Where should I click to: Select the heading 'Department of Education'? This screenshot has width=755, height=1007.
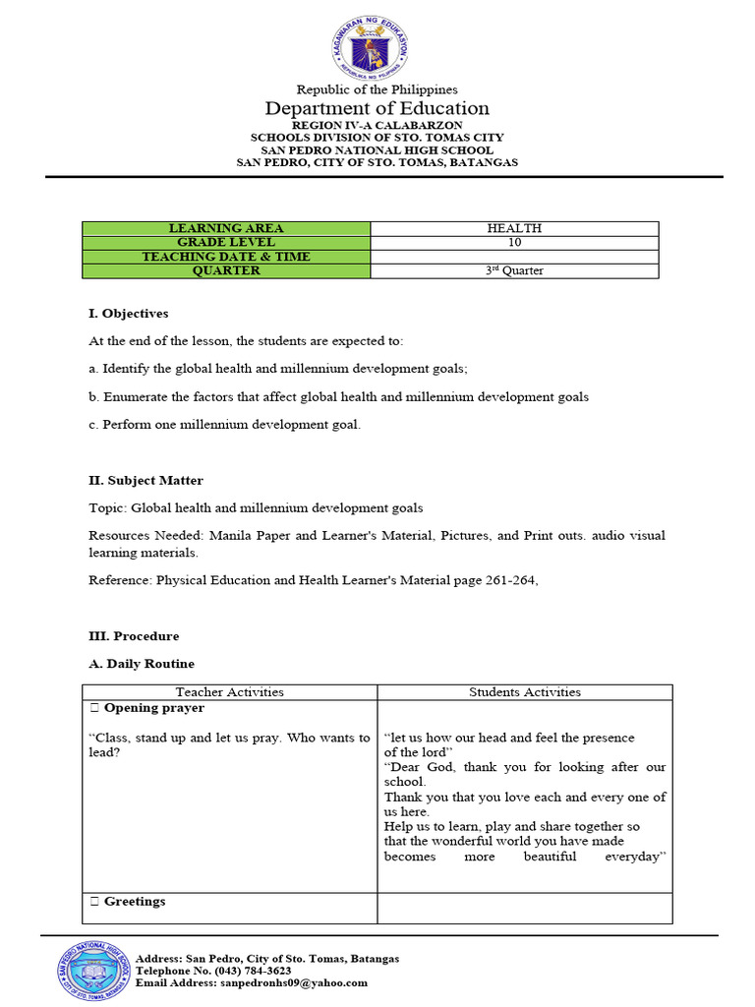point(377,109)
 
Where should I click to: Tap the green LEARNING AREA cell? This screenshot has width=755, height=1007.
point(226,228)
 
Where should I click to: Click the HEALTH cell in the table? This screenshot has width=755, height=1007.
point(514,228)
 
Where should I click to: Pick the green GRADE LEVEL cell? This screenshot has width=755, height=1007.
point(226,242)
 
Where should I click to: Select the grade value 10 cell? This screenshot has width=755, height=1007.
point(514,242)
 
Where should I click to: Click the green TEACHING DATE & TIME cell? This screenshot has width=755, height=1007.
point(226,257)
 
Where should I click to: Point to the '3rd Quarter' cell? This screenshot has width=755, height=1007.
point(514,270)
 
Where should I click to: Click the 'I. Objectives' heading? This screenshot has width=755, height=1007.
point(129,314)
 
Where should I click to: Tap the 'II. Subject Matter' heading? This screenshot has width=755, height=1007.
point(146,481)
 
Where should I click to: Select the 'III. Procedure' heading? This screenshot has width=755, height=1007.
point(134,636)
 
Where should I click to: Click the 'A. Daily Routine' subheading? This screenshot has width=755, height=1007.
point(142,664)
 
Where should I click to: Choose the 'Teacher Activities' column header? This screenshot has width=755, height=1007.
point(229,692)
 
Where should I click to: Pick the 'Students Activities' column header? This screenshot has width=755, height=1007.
point(525,692)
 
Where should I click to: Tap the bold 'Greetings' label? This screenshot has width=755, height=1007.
point(135,902)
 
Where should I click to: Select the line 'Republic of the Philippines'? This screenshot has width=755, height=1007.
point(377,89)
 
